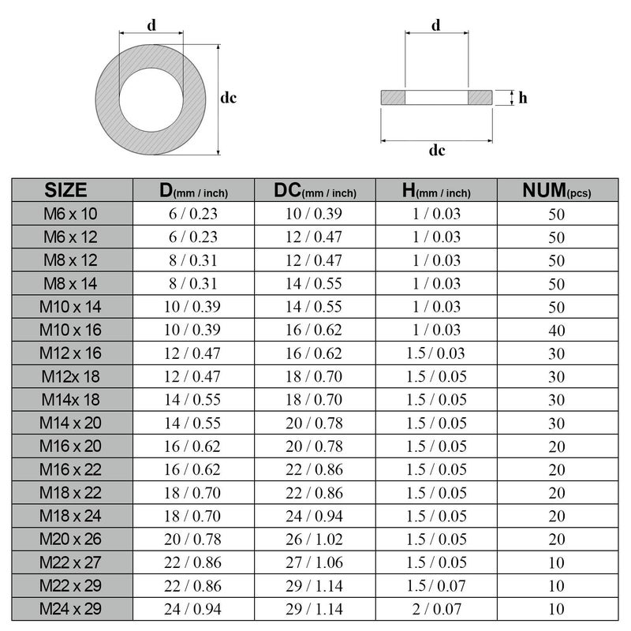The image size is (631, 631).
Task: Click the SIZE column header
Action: tap(72, 190)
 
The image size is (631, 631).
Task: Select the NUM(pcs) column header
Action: tap(557, 190)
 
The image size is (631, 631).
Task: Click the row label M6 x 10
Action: tap(72, 213)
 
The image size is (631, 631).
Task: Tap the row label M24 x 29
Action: tap(72, 608)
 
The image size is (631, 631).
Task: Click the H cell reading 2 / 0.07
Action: tap(436, 608)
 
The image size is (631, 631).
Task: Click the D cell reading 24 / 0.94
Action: tap(194, 608)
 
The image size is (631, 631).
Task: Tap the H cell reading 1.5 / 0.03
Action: tap(436, 353)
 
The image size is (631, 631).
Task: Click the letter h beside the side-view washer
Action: tap(523, 98)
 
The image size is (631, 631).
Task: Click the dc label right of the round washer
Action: tap(229, 98)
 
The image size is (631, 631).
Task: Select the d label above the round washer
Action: tap(151, 24)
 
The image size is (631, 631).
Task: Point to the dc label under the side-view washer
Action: tap(436, 150)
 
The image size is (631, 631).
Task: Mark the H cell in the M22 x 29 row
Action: tap(436, 585)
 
